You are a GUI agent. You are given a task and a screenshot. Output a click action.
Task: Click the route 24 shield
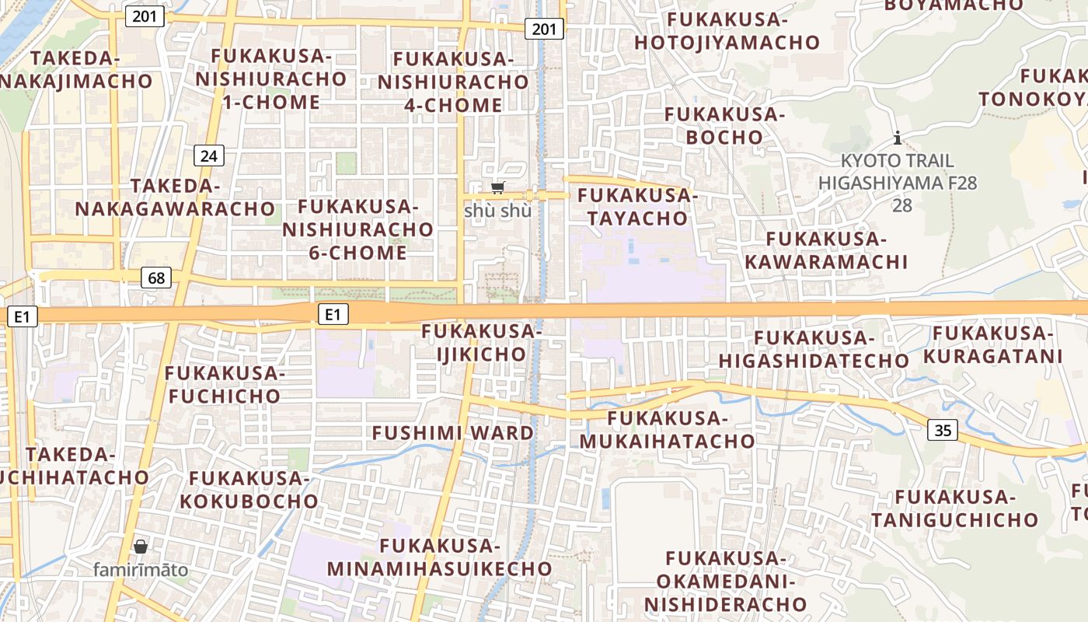click(208, 155)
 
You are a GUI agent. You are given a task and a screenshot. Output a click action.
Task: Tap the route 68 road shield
click(157, 278)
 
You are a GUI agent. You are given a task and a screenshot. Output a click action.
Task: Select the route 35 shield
click(943, 430)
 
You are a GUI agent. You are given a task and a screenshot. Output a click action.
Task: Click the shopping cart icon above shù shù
click(497, 187)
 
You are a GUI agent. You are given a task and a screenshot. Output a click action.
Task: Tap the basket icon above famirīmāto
click(141, 547)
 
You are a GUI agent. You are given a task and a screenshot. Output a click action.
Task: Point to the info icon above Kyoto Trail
click(898, 138)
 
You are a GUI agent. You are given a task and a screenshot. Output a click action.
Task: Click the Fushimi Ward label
click(453, 433)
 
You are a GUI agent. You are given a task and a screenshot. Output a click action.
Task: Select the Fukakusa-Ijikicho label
click(479, 343)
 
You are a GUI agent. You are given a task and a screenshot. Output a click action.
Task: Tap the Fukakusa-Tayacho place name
click(638, 207)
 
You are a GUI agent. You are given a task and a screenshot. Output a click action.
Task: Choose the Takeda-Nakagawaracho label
click(175, 197)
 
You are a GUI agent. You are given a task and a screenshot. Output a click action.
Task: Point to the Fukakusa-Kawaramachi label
click(826, 250)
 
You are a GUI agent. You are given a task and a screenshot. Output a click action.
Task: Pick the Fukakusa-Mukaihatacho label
click(668, 430)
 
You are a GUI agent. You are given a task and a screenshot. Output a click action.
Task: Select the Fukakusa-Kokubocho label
click(249, 489)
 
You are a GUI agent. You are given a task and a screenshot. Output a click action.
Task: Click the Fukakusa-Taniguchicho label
click(954, 508)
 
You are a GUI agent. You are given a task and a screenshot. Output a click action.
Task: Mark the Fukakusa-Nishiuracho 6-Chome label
click(357, 229)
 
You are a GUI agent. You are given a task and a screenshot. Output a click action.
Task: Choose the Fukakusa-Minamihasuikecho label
click(439, 557)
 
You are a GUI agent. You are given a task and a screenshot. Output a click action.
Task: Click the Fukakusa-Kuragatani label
click(992, 344)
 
